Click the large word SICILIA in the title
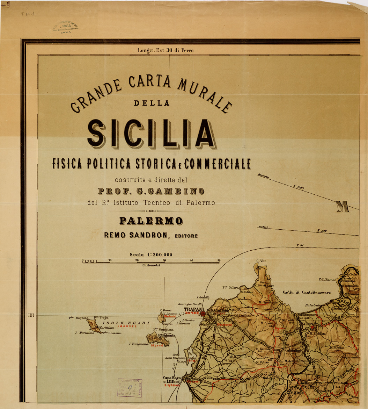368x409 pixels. (x=151, y=134)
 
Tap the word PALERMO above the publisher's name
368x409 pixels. (x=151, y=221)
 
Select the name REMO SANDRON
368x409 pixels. (x=136, y=236)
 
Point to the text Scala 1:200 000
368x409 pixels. (x=151, y=255)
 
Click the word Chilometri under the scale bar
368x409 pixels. (x=151, y=266)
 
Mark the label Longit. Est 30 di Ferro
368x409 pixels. (x=165, y=50)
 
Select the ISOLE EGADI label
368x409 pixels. (x=128, y=322)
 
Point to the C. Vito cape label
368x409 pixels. (x=261, y=261)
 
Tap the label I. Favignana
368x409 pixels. (x=139, y=344)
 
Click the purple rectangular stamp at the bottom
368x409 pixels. (x=130, y=387)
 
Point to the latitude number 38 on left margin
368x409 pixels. (x=31, y=315)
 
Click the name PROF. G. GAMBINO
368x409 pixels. (x=151, y=191)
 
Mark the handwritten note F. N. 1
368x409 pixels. (x=28, y=14)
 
